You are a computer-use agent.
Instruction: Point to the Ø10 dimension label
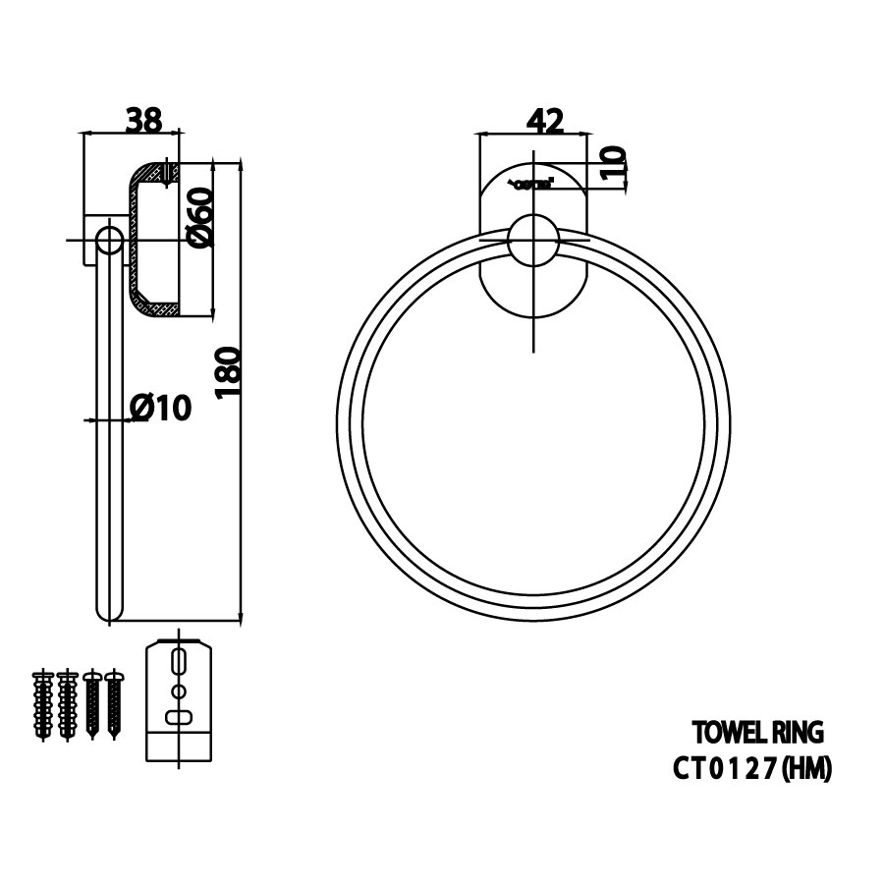click(x=159, y=406)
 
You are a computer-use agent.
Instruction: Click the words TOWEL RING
click(x=756, y=732)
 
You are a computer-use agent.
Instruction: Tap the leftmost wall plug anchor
click(x=43, y=704)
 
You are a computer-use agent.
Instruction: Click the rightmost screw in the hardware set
click(x=115, y=704)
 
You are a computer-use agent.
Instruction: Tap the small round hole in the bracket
click(x=178, y=691)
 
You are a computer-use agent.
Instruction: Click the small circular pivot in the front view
click(x=533, y=242)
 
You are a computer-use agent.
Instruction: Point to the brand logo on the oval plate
click(x=531, y=182)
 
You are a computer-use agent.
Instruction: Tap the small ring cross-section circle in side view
click(x=107, y=240)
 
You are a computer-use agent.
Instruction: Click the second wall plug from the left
click(x=67, y=704)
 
